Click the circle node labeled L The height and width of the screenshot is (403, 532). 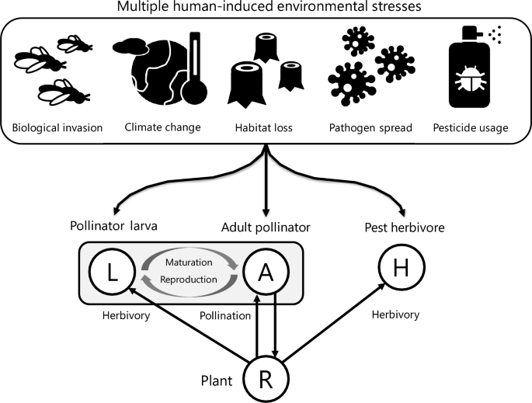pyautogui.click(x=113, y=272)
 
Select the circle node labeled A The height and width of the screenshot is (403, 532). pyautogui.click(x=265, y=272)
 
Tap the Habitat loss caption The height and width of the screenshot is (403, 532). pyautogui.click(x=264, y=127)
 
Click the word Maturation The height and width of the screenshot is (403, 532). pyautogui.click(x=190, y=262)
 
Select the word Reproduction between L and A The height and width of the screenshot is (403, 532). pyautogui.click(x=190, y=280)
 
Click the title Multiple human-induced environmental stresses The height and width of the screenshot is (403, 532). pyautogui.click(x=266, y=8)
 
